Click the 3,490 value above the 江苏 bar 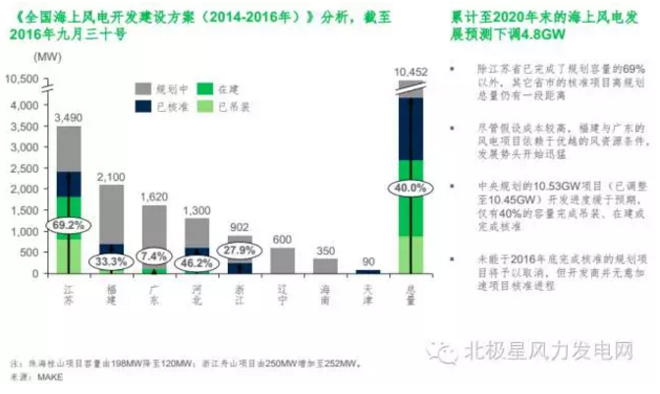point(68,117)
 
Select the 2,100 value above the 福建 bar point(111,177)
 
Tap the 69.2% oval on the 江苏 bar point(68,224)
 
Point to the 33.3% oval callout point(111,261)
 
